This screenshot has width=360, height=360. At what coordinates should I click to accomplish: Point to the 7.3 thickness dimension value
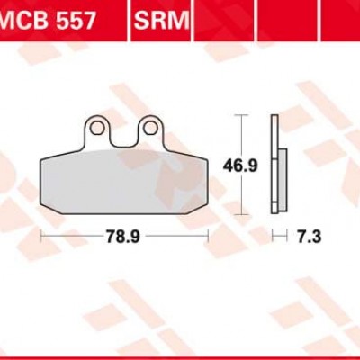point(309,237)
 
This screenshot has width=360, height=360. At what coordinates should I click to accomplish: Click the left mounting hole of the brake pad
point(97,130)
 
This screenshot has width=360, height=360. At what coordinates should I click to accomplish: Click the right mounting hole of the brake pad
point(149,130)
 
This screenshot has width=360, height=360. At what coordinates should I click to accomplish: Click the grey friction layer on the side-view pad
point(283,180)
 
